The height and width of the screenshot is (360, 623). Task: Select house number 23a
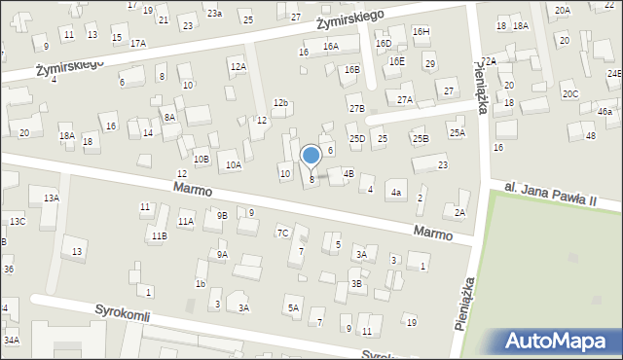pos(214,13)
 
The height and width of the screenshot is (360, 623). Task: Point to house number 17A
pos(138,43)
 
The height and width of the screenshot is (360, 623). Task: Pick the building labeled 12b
pos(280,102)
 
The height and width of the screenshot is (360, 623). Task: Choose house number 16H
pos(421,31)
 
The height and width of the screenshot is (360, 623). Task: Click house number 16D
pos(384,43)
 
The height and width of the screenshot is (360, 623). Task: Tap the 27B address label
pos(357,108)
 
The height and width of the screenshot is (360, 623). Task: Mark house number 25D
pos(357,139)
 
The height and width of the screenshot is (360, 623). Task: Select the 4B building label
pos(348,173)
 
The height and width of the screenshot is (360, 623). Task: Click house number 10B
pos(201,159)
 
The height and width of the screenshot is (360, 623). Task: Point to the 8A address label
pos(169,117)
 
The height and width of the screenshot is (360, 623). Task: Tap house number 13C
pos(18,222)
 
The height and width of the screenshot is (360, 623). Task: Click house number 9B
pos(222,215)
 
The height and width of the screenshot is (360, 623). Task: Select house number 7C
pos(282,233)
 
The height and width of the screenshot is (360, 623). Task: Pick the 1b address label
pos(200,284)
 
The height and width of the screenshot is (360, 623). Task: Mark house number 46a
pos(605,112)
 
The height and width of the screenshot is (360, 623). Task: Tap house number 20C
pos(569,94)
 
